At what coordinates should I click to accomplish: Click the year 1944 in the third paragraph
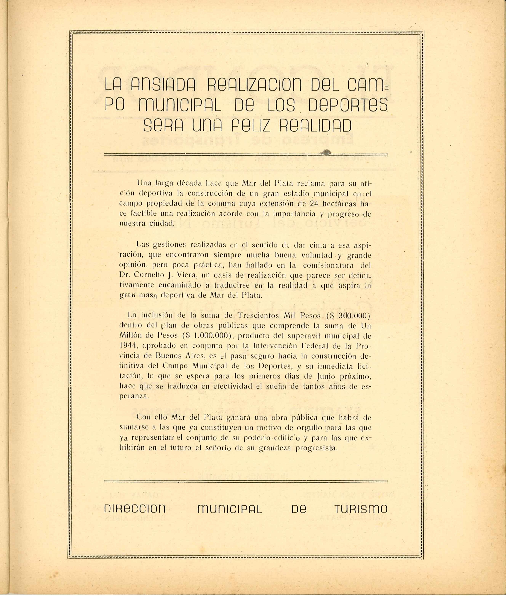point(128,346)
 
